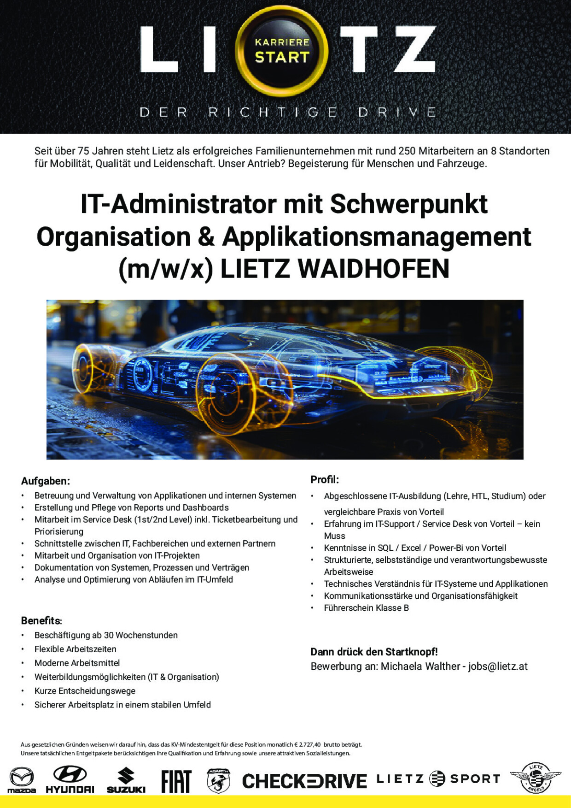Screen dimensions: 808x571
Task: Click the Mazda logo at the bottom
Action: coord(22,780)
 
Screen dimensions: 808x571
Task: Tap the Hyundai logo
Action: coord(70,780)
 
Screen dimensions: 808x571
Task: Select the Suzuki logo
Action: coord(126,780)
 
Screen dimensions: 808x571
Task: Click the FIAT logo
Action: coord(176,781)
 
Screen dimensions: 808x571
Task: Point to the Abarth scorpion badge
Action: coord(219,781)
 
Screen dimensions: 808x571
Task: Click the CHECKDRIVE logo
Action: coord(304,781)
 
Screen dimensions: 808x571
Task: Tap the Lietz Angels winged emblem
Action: coord(536,778)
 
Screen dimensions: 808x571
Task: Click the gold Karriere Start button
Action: coord(282,50)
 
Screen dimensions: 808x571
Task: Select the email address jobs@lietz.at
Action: coord(498,666)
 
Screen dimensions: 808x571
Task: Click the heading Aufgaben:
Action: coord(46,481)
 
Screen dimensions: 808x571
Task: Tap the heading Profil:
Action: coord(325,479)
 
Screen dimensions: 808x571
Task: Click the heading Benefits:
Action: coord(41,620)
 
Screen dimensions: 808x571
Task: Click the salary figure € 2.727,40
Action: coord(306,744)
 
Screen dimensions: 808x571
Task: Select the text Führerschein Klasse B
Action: coord(366,608)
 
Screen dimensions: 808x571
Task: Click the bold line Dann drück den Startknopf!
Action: coord(374,652)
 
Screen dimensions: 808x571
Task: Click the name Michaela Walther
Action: coord(420,666)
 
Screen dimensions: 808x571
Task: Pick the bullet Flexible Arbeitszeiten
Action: coord(76,649)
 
